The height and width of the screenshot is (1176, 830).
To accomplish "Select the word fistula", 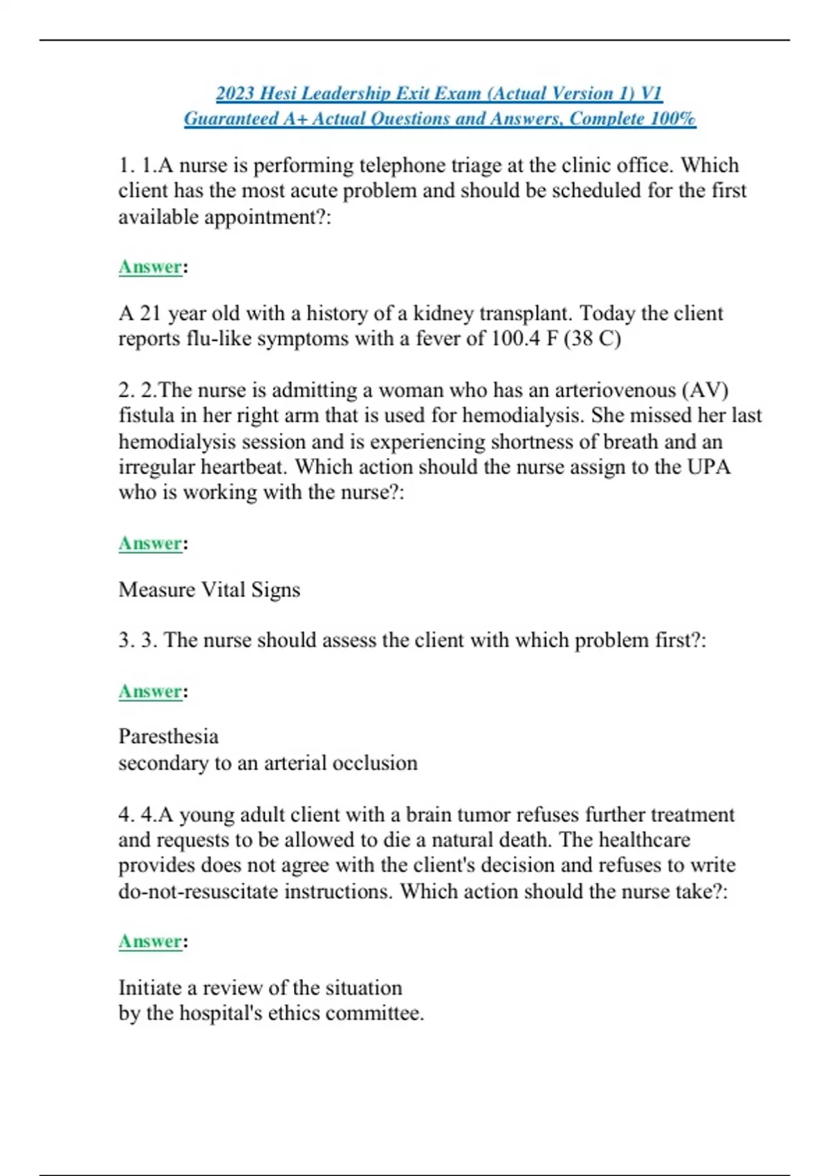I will [x=143, y=416].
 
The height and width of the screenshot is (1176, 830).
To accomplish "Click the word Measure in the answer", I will [x=156, y=589].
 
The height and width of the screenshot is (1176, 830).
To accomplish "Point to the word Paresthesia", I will [x=168, y=736].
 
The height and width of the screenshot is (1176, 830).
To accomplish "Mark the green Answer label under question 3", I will [x=150, y=691].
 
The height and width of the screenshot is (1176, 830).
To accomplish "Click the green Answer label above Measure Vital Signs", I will [x=150, y=543].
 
